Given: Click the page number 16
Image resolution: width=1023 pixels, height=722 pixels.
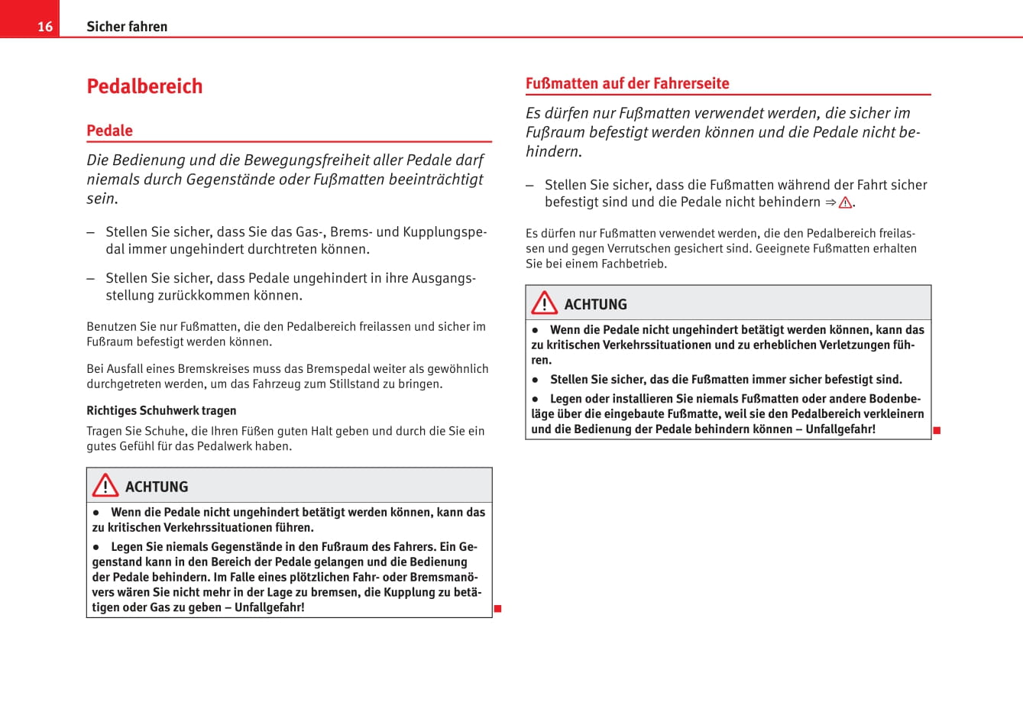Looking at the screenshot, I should pyautogui.click(x=45, y=27).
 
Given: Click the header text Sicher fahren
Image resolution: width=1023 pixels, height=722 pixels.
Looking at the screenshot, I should pyautogui.click(x=127, y=27).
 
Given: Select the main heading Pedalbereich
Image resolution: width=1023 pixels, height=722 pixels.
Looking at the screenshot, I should pyautogui.click(x=144, y=86).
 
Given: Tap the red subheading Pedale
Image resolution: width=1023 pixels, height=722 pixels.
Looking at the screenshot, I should pyautogui.click(x=109, y=131).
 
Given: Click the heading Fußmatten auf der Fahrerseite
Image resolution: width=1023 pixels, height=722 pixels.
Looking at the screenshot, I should pyautogui.click(x=627, y=83).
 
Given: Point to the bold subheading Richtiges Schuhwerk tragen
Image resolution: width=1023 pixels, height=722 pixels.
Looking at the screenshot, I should pyautogui.click(x=161, y=411).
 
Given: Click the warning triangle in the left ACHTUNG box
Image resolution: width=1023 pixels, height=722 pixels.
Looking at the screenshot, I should pyautogui.click(x=105, y=486).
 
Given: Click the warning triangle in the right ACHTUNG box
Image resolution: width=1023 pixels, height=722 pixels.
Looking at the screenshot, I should pyautogui.click(x=545, y=303).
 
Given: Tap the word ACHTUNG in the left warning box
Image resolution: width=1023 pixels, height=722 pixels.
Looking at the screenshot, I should pyautogui.click(x=157, y=487).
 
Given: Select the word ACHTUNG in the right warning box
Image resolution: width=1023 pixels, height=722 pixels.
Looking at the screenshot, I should pyautogui.click(x=596, y=304).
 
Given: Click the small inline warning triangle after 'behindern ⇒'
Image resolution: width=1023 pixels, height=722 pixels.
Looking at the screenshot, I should pyautogui.click(x=845, y=203).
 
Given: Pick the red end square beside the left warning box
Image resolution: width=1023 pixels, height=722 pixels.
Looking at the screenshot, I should pyautogui.click(x=497, y=608).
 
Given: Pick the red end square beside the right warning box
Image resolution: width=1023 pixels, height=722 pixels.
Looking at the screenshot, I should pyautogui.click(x=937, y=431).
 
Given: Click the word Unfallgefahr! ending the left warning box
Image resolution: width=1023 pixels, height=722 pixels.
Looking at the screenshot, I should pyautogui.click(x=269, y=607).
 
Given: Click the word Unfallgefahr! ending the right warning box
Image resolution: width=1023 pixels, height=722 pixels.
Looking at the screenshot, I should pyautogui.click(x=840, y=429).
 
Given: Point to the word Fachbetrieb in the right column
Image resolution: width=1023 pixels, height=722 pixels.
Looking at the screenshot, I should pyautogui.click(x=633, y=264).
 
